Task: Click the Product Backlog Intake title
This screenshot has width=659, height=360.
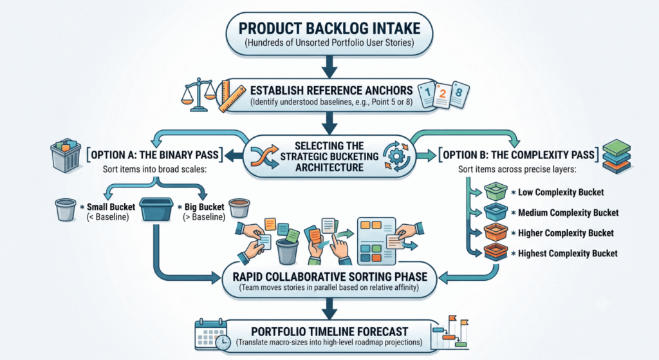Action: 329,28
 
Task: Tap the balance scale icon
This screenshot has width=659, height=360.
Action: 198,95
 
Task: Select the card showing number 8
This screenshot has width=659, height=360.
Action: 459,94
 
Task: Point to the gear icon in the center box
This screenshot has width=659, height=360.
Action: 396,156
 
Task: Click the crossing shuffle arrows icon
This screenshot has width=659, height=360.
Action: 264,156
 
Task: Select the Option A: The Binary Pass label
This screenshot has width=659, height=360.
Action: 154,155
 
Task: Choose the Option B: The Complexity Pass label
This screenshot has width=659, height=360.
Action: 519,155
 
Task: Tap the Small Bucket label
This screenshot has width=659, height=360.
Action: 111,207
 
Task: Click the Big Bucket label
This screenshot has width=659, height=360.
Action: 204,207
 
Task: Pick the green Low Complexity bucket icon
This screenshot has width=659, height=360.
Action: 496,191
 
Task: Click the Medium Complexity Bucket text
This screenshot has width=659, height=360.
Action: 568,213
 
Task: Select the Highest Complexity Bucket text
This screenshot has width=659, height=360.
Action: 568,254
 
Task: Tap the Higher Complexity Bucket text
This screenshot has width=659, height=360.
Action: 566,233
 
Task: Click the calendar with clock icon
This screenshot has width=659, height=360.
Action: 213,335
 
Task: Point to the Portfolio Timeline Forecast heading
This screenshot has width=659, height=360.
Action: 329,332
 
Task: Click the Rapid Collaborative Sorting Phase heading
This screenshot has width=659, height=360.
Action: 330,277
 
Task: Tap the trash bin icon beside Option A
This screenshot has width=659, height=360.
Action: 66,156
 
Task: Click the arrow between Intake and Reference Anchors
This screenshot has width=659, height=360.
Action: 329,66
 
